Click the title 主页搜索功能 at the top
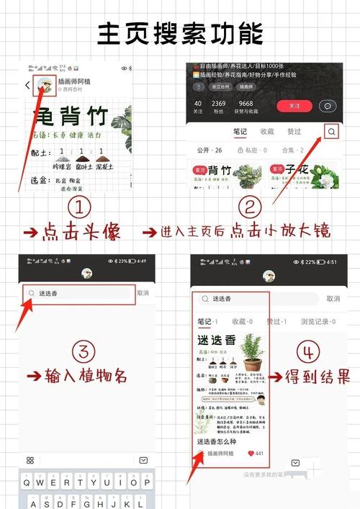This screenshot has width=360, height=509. click(180, 33)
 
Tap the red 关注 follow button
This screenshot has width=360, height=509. click(294, 106)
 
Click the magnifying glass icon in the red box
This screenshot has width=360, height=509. click(331, 132)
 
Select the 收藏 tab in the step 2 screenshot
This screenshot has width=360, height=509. click(267, 132)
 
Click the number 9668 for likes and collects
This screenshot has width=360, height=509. click(246, 104)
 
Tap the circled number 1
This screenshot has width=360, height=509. click(80, 209)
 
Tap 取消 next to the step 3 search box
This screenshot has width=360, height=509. click(143, 293)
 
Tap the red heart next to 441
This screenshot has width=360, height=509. click(251, 454)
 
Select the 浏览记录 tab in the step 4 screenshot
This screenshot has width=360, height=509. click(315, 320)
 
